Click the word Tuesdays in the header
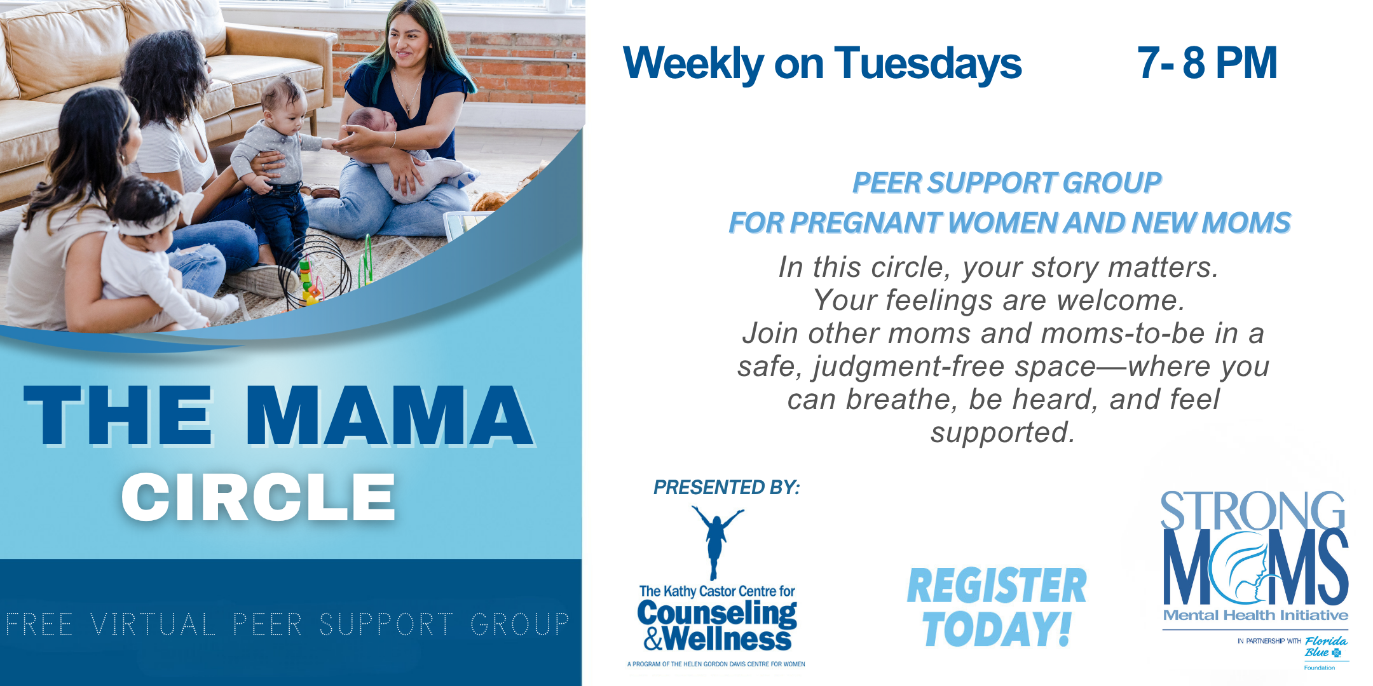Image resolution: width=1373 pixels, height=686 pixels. tap(928, 64)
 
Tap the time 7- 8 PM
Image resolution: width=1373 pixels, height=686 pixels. tap(1207, 63)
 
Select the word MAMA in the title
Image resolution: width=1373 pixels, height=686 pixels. tap(389, 415)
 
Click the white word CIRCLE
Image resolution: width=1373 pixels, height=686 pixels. tap(259, 497)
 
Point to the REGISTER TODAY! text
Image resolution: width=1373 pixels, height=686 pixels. tap(997, 607)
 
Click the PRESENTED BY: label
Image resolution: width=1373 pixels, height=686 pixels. tap(727, 487)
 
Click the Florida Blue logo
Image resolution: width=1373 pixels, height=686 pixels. tap(1326, 648)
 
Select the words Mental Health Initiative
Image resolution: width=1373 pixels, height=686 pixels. tap(1255, 615)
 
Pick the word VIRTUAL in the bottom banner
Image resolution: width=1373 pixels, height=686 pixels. tap(153, 624)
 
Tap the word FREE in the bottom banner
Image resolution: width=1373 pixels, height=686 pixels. tap(39, 624)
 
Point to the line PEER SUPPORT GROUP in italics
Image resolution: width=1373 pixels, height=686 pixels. tap(1007, 183)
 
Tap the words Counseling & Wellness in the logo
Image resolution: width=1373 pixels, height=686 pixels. tap(717, 626)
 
